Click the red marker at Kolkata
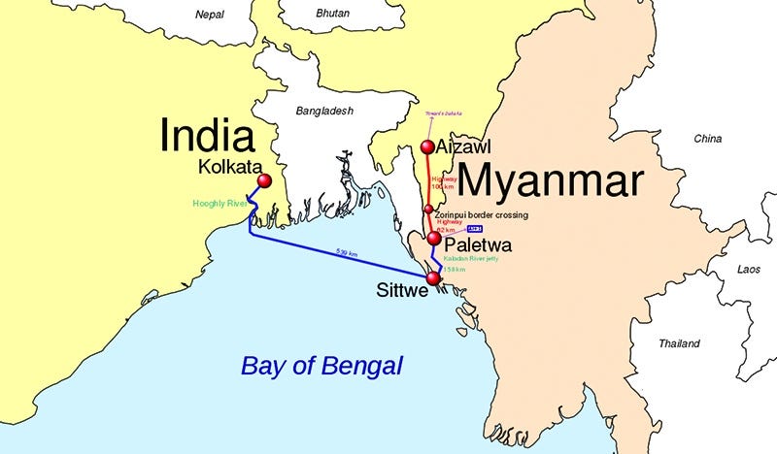tap(262, 181)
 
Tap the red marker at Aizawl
tap(426, 147)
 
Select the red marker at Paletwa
tap(434, 239)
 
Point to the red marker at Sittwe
tap(433, 278)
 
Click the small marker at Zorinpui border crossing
tap(428, 209)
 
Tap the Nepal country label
tap(209, 15)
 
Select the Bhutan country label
tap(331, 15)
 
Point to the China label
tap(707, 139)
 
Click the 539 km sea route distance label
tap(347, 253)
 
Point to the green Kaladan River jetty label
tap(471, 259)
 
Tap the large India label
tap(207, 136)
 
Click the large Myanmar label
tap(550, 181)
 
